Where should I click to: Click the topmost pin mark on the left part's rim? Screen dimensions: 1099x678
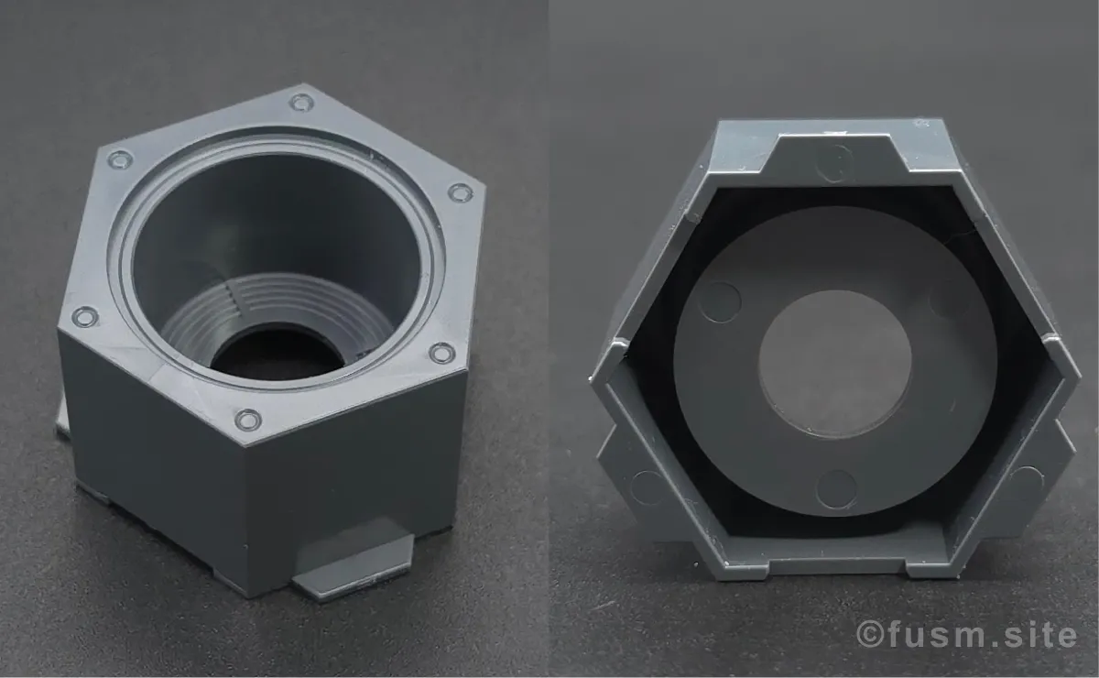click(x=301, y=103)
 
